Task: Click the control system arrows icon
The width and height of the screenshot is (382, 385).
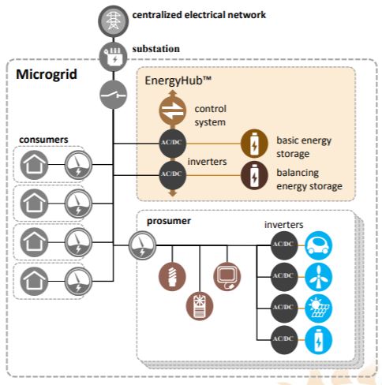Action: coord(171,110)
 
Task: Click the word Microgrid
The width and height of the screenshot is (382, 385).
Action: coord(46,74)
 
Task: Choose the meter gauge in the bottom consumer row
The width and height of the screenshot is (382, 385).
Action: coord(77,280)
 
